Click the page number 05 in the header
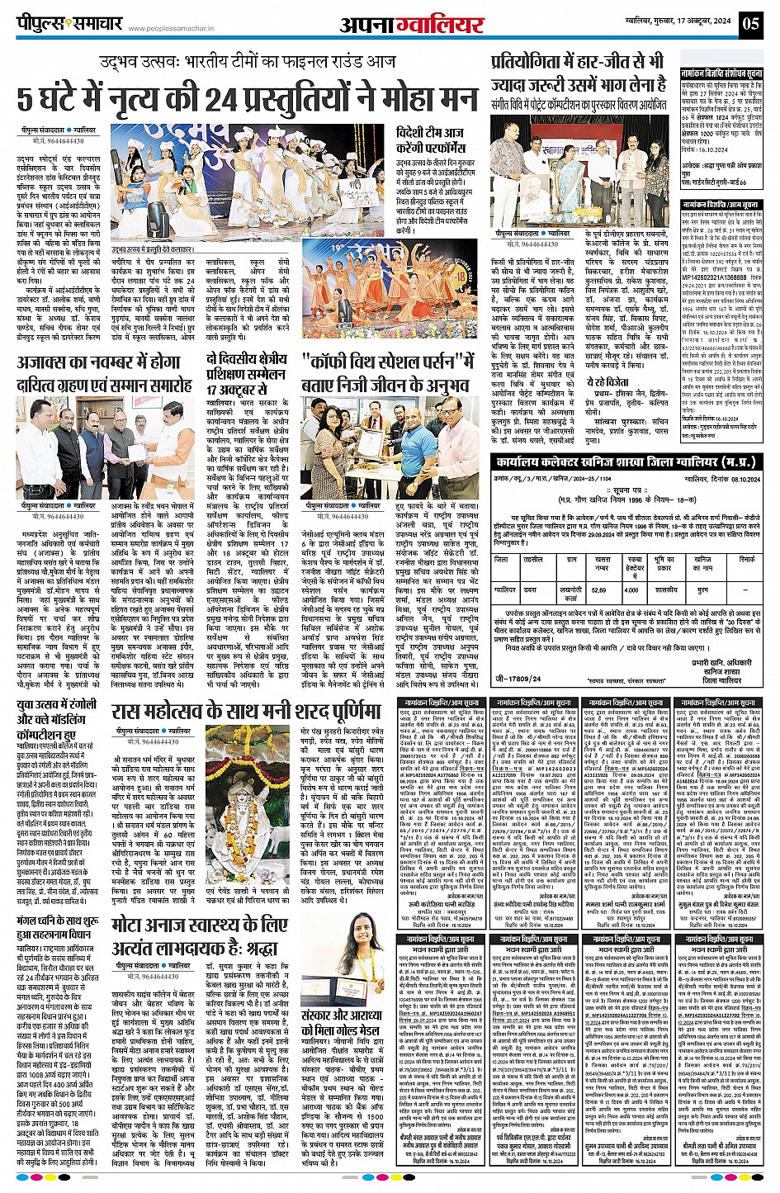point(749,22)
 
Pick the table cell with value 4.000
point(631,590)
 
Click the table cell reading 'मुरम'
point(702,590)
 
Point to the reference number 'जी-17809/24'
point(518,679)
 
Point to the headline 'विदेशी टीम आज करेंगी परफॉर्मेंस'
point(429,140)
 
